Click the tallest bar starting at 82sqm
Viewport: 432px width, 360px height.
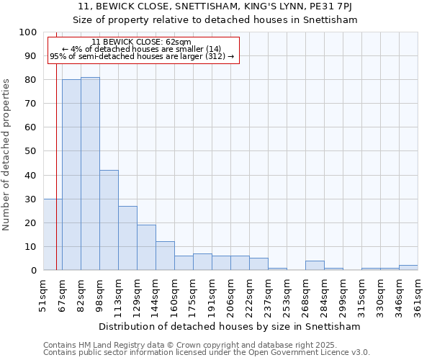(90, 174)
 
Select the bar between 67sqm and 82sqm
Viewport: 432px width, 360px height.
(71, 175)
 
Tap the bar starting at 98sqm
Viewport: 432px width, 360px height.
(109, 220)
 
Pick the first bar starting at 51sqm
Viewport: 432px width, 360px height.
(53, 235)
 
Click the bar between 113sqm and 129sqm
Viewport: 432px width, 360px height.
(127, 238)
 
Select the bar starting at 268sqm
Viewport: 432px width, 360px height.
(315, 266)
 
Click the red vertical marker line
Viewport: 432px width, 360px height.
(56, 144)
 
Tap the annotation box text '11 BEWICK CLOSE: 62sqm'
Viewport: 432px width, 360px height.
(142, 42)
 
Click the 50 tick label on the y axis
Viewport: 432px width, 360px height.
(30, 151)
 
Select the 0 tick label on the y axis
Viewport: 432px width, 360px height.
(33, 271)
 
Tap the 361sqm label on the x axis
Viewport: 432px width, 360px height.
(418, 294)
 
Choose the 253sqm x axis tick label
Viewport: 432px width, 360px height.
(287, 294)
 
